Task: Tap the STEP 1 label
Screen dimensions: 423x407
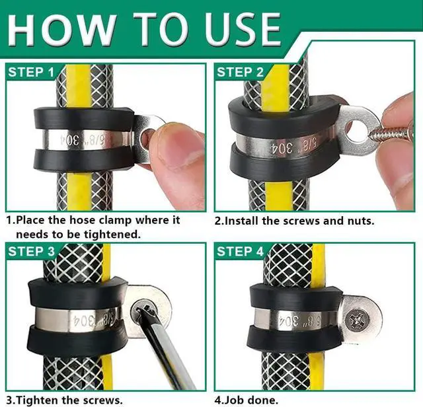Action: (x=31, y=72)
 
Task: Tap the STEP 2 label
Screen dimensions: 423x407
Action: (x=240, y=72)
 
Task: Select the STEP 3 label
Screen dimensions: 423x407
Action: (x=31, y=251)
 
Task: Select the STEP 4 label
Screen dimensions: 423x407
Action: (x=240, y=251)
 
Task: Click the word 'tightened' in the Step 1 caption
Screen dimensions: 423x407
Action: (x=112, y=235)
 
